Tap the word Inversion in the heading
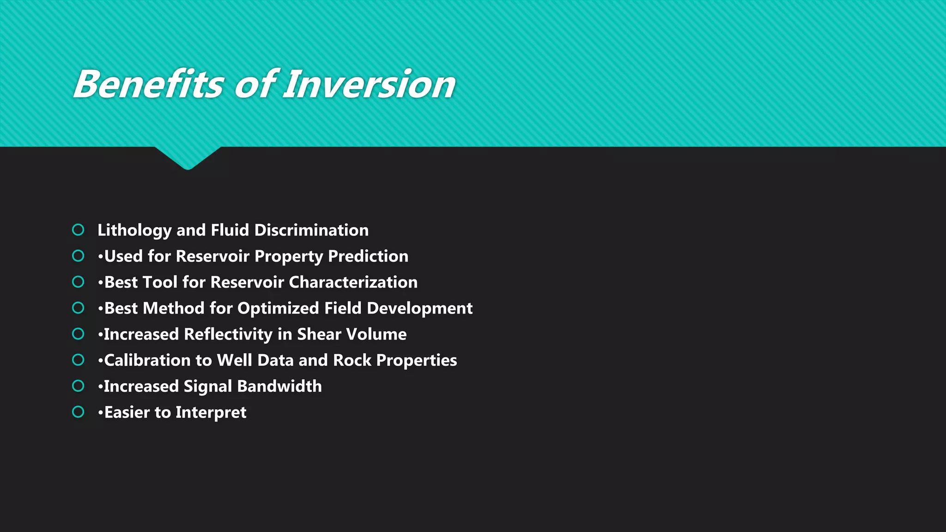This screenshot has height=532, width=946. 369,85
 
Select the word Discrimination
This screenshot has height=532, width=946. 311,230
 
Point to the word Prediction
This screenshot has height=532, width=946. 368,256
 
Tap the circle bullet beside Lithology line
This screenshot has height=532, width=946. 78,230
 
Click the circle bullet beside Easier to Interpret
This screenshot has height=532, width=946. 78,412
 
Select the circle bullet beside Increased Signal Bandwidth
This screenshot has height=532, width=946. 78,386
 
